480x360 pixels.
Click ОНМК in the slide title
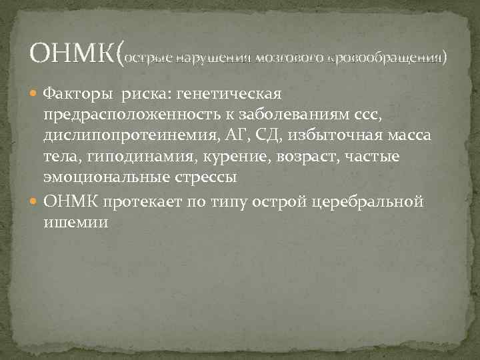click(x=73, y=52)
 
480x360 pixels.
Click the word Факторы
click(x=73, y=93)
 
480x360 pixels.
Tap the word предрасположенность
click(x=123, y=115)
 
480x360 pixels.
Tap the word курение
click(x=227, y=157)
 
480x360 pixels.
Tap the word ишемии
click(x=75, y=222)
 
